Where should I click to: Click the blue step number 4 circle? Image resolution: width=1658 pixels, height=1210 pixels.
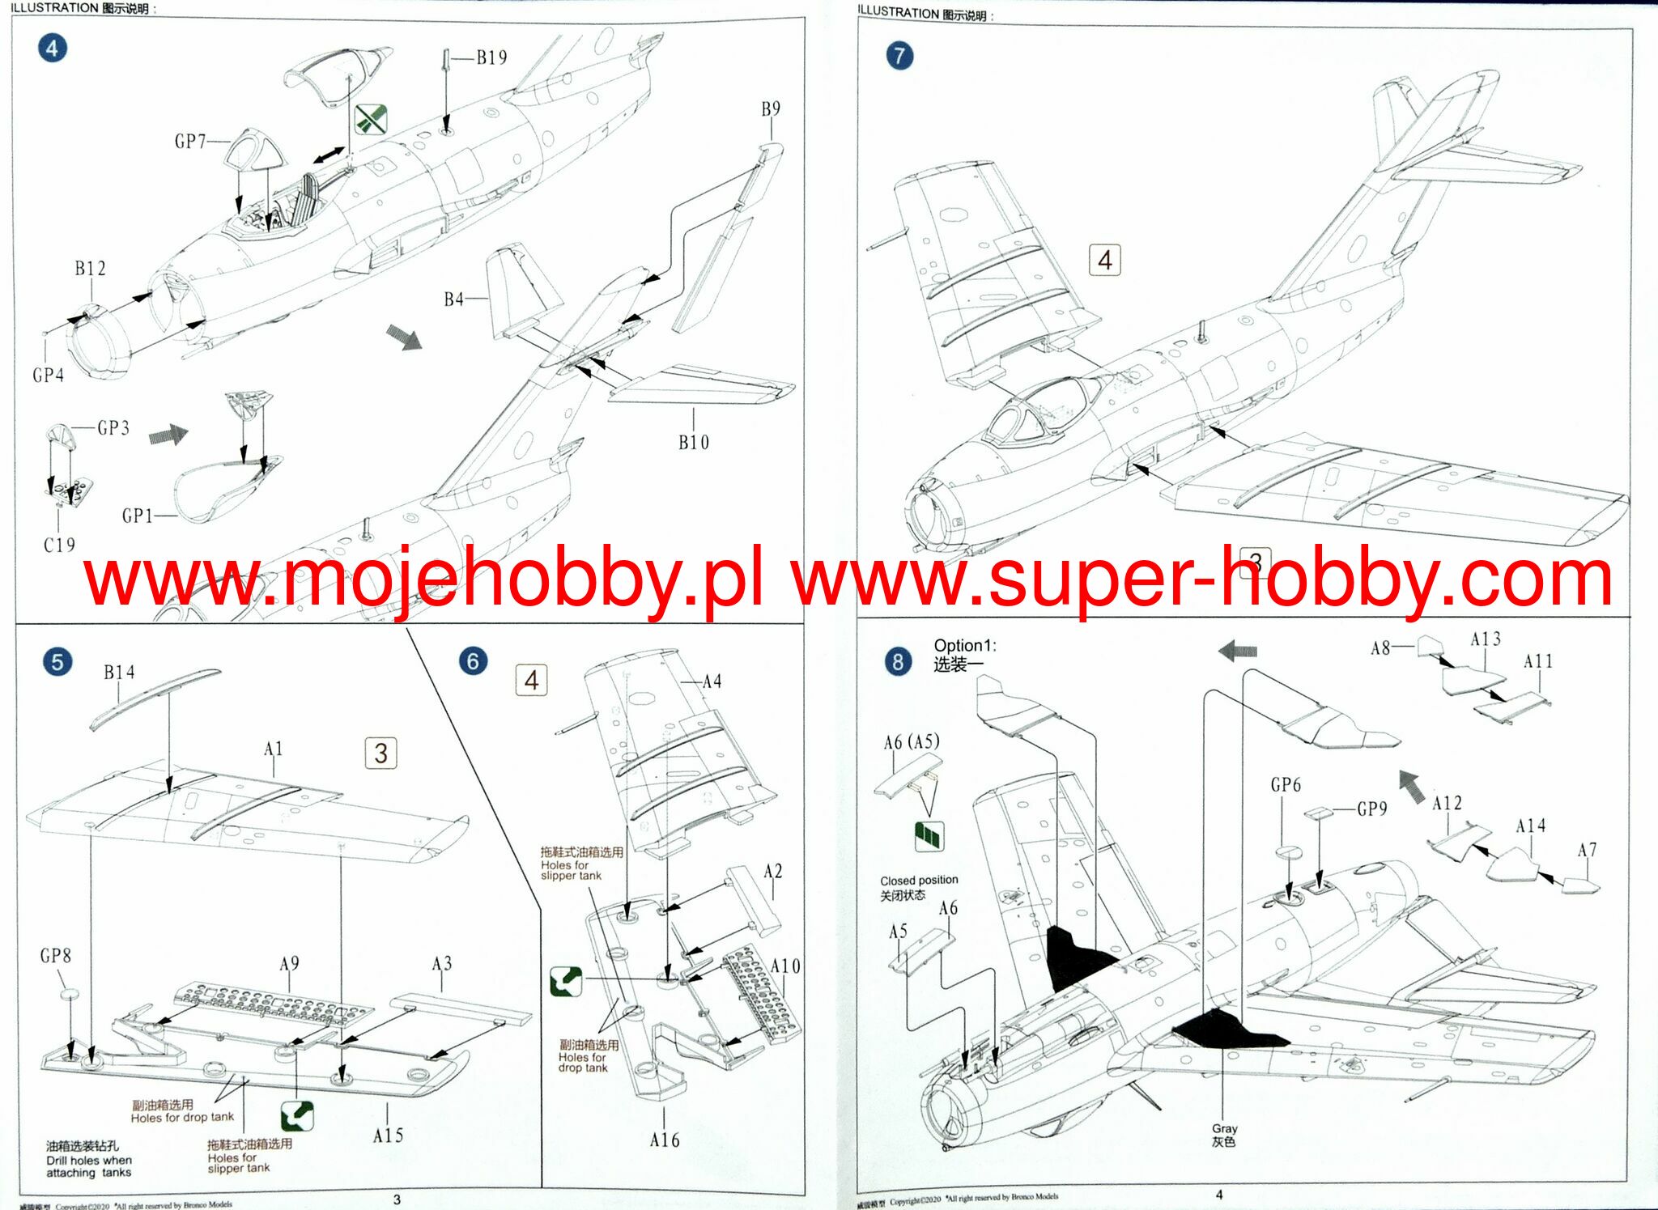(x=53, y=49)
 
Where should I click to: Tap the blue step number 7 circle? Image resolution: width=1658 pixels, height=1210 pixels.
(x=899, y=56)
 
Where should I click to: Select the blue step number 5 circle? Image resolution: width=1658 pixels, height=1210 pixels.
(x=57, y=661)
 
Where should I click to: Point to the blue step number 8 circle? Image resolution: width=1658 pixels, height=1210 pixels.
(x=898, y=661)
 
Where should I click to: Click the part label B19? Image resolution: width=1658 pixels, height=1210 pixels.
(x=491, y=57)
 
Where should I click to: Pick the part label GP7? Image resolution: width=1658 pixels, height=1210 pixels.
(x=191, y=142)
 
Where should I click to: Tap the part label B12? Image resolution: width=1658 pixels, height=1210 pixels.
(x=91, y=269)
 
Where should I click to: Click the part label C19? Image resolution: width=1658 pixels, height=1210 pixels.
(x=59, y=546)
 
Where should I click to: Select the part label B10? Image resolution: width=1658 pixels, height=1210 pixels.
(x=694, y=443)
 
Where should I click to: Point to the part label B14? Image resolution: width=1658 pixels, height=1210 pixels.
(x=119, y=673)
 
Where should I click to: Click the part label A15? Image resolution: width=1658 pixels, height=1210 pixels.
(x=389, y=1136)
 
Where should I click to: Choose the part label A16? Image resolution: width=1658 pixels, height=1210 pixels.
(x=665, y=1140)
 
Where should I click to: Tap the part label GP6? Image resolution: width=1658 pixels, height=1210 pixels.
(x=1286, y=785)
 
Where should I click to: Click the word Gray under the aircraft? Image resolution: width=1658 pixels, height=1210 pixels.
(x=1224, y=1128)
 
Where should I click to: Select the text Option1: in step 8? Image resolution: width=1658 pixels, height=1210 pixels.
(x=965, y=646)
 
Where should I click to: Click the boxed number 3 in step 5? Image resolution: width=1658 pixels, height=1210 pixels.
(x=381, y=754)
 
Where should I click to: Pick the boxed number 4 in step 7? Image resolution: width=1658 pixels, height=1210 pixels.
(x=1105, y=261)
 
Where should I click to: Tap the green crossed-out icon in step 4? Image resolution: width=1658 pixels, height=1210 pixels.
(x=371, y=121)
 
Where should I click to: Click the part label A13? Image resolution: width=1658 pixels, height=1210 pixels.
(x=1486, y=639)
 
